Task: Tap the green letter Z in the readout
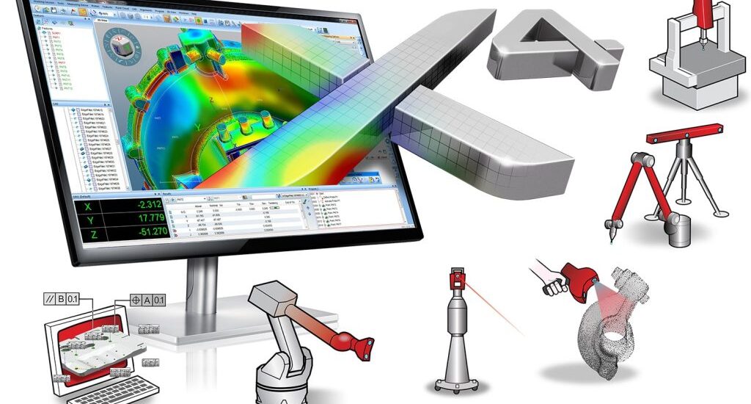[89, 234]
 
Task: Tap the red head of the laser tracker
[455, 282]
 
